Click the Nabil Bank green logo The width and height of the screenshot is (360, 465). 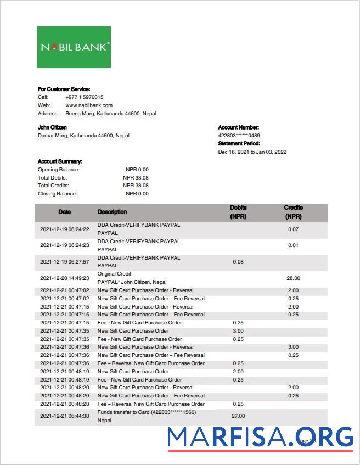[x=74, y=47]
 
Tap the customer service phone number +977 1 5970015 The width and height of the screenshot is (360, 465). [x=84, y=97]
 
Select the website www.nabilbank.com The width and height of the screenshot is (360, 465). [x=89, y=105]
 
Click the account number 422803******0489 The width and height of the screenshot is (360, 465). [x=239, y=136]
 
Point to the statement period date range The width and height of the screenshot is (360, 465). [x=252, y=152]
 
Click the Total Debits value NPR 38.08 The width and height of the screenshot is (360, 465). [x=136, y=178]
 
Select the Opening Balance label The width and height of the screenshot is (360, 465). [x=58, y=170]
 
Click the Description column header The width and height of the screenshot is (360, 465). [x=112, y=212]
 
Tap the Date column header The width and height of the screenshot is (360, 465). [x=65, y=212]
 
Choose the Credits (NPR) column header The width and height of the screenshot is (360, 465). [x=293, y=212]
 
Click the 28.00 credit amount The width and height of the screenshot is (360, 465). [x=293, y=278]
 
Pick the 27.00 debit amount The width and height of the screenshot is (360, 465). [x=238, y=416]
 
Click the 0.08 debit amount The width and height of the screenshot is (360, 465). [x=238, y=262]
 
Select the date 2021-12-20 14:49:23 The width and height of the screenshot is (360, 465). [x=65, y=278]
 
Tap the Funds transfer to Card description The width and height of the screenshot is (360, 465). [x=146, y=412]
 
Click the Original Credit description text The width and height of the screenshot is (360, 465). [x=114, y=274]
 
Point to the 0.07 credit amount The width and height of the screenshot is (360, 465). [x=293, y=229]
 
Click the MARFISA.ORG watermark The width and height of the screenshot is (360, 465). [x=260, y=438]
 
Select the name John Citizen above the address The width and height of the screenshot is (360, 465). [x=52, y=127]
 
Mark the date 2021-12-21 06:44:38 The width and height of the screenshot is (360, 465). [x=65, y=416]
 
